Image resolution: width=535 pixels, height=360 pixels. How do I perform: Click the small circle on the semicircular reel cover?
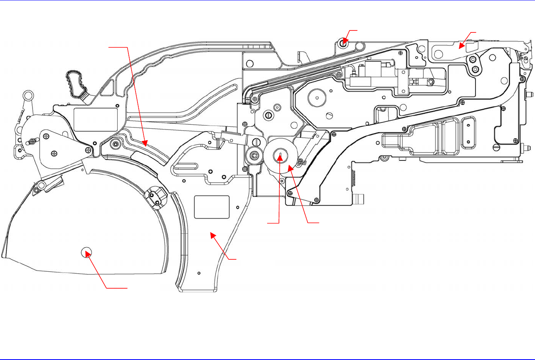click(86, 251)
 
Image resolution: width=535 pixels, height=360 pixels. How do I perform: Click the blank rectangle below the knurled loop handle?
click(96, 119)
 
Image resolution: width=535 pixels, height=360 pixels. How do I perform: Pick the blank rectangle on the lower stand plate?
click(212, 207)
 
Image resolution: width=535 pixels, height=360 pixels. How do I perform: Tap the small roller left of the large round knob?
click(254, 156)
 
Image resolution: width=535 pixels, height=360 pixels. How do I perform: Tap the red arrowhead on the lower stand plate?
click(212, 235)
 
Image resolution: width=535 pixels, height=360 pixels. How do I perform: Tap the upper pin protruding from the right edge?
click(528, 95)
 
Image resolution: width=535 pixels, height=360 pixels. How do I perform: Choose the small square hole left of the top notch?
click(249, 63)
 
